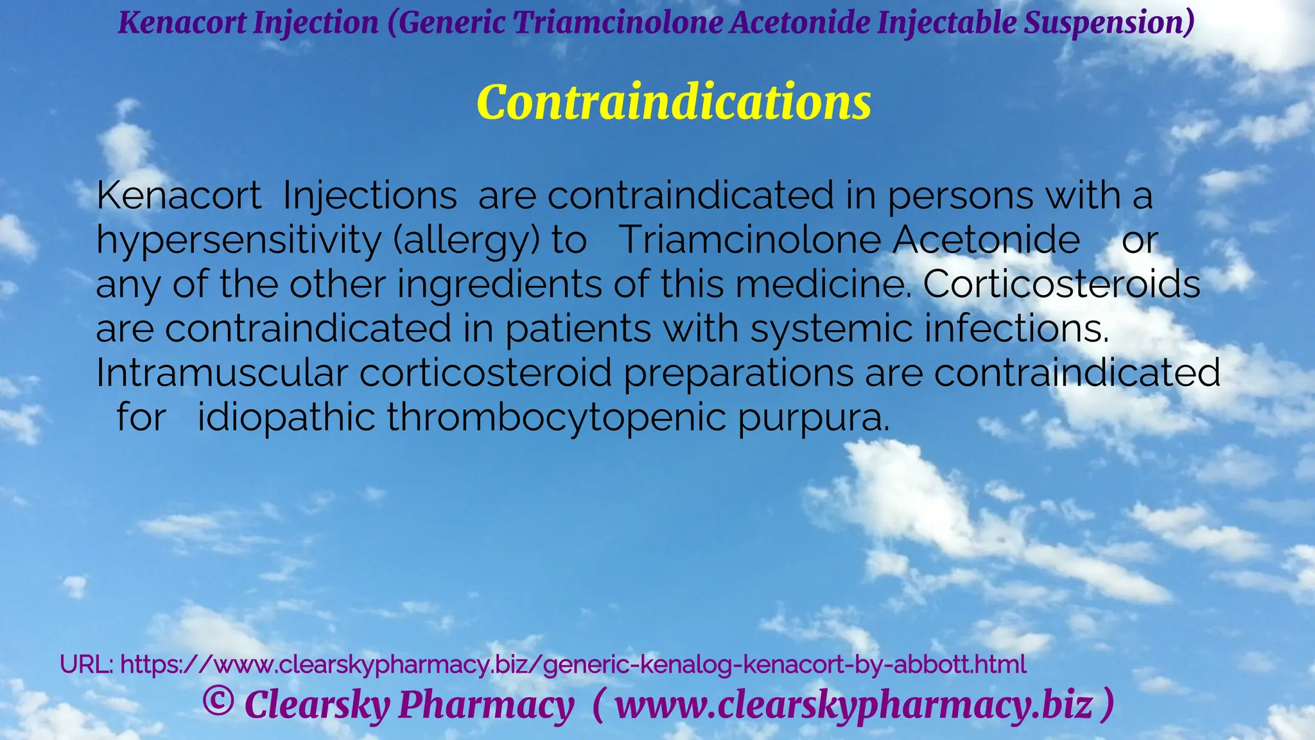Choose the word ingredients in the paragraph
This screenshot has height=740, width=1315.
(x=500, y=285)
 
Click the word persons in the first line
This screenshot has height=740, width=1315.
(x=961, y=196)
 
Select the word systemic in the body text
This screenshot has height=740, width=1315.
(x=831, y=329)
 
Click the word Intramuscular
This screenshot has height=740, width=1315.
(x=222, y=373)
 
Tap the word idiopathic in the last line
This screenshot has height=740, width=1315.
(x=286, y=418)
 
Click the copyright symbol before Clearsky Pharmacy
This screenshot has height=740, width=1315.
(x=218, y=702)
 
